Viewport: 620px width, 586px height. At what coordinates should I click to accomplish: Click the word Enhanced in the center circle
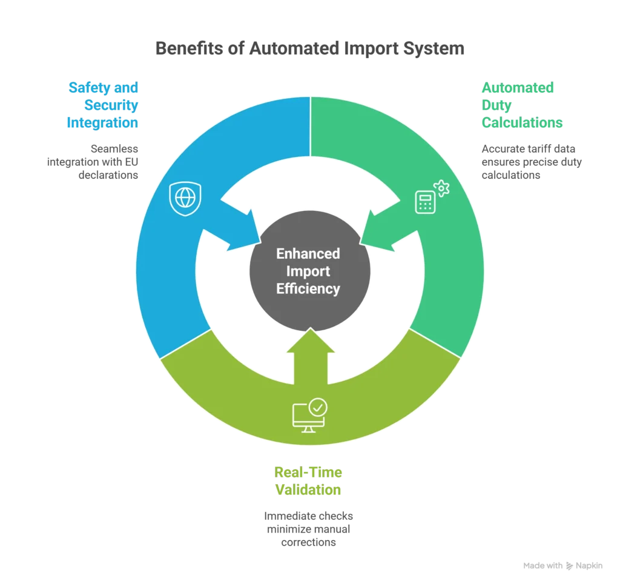(308, 253)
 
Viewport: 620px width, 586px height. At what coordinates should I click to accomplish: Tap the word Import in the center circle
(308, 270)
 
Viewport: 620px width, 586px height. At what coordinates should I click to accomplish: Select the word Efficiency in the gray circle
(308, 288)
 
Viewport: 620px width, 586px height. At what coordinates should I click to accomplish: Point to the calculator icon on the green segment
(425, 202)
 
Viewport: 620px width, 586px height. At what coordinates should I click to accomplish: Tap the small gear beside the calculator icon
(442, 188)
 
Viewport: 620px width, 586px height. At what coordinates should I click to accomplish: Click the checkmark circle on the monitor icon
(317, 407)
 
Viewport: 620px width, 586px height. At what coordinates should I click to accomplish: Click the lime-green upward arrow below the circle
(309, 358)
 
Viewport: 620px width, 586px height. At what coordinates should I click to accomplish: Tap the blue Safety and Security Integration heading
(103, 105)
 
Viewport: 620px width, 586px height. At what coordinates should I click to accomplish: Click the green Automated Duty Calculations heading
(521, 105)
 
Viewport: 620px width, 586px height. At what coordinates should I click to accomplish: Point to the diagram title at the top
(309, 48)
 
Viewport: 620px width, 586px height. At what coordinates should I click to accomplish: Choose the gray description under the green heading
(530, 161)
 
